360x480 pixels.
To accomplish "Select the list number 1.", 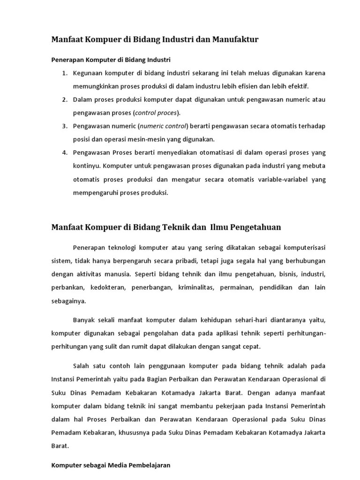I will coord(65,74).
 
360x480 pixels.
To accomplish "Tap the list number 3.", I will coord(65,126).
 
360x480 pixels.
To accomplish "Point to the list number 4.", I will coord(65,153).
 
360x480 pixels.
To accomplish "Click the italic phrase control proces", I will coord(156,113).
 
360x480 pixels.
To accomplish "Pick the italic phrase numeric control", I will coord(163,126).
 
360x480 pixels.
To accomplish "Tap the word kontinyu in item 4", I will coord(86,166).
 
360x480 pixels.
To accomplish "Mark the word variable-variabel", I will coord(261,179).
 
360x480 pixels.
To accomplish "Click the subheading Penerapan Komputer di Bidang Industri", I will coord(111,60).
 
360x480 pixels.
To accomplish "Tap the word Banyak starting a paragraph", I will coord(84,320).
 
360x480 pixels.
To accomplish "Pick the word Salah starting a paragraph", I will coord(82,366).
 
